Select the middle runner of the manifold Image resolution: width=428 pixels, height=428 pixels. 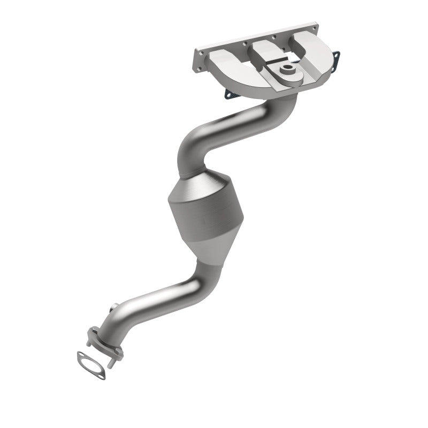click(270, 53)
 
